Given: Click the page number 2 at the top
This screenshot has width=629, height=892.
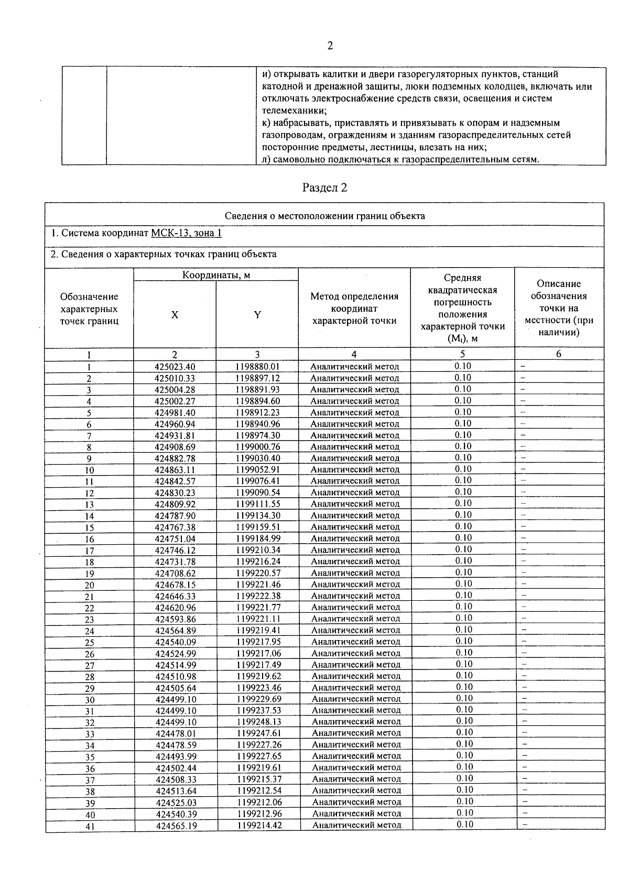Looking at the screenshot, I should (x=330, y=46).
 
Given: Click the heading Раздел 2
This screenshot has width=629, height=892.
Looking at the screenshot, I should (x=325, y=188).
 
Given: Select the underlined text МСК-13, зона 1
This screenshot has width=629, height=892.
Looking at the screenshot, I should (x=186, y=233).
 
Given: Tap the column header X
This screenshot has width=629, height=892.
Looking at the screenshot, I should (x=175, y=315).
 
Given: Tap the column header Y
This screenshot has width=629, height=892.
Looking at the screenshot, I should (x=257, y=315).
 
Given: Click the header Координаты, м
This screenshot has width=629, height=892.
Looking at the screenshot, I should (x=216, y=275).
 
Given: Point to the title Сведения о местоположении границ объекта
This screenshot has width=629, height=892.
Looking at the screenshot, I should (x=324, y=216).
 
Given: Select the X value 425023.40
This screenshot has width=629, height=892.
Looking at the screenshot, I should (x=175, y=367).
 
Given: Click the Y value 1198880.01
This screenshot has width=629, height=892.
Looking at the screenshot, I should (x=257, y=367).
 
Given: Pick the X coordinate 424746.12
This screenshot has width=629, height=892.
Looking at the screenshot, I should (x=175, y=550).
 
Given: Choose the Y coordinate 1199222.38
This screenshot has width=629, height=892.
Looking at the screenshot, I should (x=258, y=596).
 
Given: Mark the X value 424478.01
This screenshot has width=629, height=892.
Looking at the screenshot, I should (x=176, y=733).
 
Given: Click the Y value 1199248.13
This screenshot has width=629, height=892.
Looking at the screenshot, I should (x=258, y=722).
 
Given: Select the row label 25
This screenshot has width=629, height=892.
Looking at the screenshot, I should (x=90, y=643).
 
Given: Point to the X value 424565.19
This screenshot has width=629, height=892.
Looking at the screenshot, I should (x=176, y=825).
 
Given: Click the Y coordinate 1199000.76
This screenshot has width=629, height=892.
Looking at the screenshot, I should (x=257, y=447).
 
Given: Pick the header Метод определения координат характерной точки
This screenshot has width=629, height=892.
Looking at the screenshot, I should (x=354, y=309).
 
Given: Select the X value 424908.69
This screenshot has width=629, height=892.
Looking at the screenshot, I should (x=175, y=447).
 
